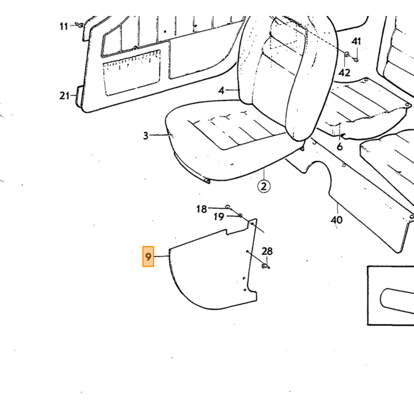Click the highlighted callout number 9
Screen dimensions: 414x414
[x=148, y=257]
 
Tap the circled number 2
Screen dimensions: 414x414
[x=264, y=187]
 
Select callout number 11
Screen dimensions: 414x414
[x=64, y=27]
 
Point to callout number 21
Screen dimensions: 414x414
[x=64, y=96]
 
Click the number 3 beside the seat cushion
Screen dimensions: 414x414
[x=145, y=135]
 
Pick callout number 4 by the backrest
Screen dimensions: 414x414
[x=221, y=90]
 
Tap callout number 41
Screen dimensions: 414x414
[x=356, y=41]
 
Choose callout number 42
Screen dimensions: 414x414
[x=345, y=72]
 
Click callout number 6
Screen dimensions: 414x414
[x=340, y=146]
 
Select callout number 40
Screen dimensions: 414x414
[x=337, y=219]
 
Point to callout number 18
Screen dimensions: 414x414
[x=202, y=209]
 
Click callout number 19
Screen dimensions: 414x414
[x=219, y=217]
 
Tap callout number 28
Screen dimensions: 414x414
[x=267, y=251]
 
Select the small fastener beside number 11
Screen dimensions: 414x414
[x=79, y=25]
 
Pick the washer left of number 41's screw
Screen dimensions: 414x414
[x=347, y=54]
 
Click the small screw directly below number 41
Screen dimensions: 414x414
[x=356, y=60]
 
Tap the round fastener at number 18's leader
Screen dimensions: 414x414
[x=228, y=206]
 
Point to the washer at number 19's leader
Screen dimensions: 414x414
[x=240, y=216]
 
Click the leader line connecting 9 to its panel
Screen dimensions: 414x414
[x=161, y=256]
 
